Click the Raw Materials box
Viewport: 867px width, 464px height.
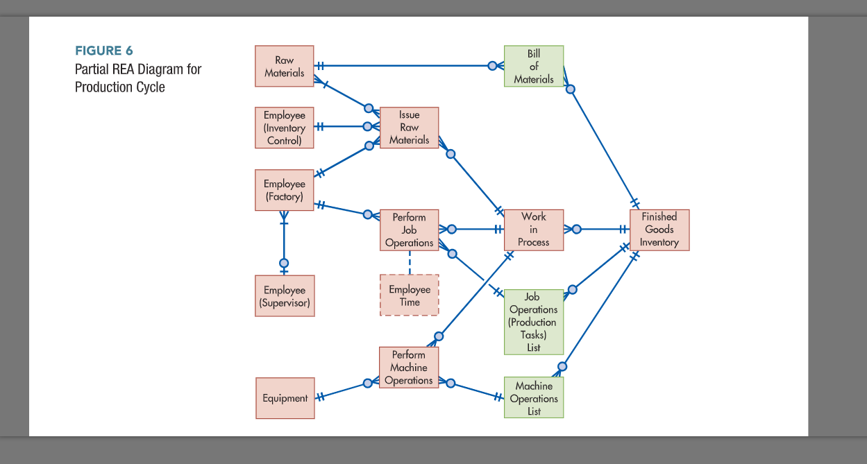click(284, 66)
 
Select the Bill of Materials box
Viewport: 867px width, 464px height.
click(533, 66)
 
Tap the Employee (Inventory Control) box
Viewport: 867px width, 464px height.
click(284, 128)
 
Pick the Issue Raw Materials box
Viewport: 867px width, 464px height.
click(409, 128)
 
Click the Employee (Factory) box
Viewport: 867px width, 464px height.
click(284, 190)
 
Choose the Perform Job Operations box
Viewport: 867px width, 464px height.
click(409, 230)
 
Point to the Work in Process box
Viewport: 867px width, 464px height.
click(533, 230)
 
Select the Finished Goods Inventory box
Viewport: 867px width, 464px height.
click(659, 230)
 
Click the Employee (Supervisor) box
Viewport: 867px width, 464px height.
click(284, 296)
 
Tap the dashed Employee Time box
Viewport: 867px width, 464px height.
click(409, 295)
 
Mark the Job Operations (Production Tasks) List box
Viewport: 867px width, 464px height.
click(533, 322)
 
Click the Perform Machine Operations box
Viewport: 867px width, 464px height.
click(408, 368)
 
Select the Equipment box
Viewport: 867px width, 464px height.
click(285, 398)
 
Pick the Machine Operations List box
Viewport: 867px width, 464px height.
click(533, 398)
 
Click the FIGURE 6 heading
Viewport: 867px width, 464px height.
click(103, 51)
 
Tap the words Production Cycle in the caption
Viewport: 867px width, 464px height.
click(120, 87)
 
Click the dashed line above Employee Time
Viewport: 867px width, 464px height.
click(409, 263)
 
